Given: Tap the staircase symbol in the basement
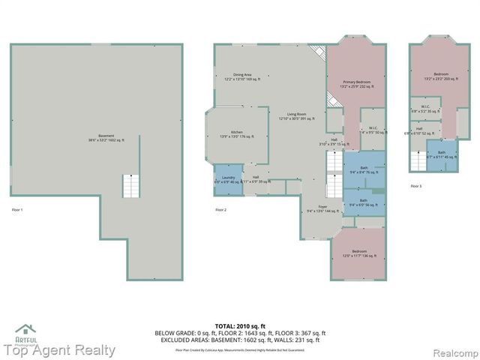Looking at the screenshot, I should point(133,186).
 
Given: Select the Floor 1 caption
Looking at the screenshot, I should point(16,209).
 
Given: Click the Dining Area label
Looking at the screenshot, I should point(242,76).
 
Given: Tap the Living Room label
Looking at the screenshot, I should point(296,116).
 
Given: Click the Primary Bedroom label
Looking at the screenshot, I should point(357,84).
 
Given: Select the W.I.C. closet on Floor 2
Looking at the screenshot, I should point(372,129).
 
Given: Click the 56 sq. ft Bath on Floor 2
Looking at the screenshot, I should point(364,202).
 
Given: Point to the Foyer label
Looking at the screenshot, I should point(322,209).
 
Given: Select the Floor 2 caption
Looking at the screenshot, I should point(220,209).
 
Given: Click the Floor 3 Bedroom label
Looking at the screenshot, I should point(440,76).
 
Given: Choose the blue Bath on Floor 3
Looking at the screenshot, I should point(442,154).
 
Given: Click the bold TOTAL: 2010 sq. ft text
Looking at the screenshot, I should point(240,326).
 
